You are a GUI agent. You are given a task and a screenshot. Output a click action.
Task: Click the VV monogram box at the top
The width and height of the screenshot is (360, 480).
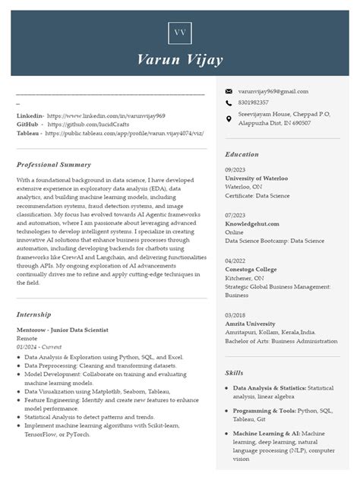[180, 33]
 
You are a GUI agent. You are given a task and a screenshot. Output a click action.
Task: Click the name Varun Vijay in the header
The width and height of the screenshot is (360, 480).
[180, 59]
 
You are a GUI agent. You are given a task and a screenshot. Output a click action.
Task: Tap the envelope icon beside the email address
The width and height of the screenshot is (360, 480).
[229, 91]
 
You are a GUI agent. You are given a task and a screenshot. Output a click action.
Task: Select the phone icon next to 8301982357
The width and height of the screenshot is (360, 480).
[229, 102]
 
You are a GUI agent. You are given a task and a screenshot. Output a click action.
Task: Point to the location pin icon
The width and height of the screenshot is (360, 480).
[229, 118]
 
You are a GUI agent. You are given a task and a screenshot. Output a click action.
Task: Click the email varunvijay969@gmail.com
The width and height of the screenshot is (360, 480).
[273, 91]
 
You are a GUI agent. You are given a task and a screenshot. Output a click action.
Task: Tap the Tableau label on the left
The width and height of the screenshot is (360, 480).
[29, 133]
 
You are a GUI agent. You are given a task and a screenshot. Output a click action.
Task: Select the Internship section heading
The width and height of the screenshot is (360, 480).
[34, 314]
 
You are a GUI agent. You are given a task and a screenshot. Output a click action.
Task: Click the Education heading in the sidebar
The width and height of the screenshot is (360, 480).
[242, 154]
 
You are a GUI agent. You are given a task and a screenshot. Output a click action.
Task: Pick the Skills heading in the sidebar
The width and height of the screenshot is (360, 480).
[234, 373]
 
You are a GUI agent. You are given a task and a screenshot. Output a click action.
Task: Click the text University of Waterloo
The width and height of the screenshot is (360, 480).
[256, 178]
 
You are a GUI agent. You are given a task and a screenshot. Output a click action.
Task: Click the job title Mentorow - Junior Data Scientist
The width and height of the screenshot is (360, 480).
[62, 330]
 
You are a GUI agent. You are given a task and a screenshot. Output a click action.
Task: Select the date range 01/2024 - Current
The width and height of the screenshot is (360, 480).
[39, 347]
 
